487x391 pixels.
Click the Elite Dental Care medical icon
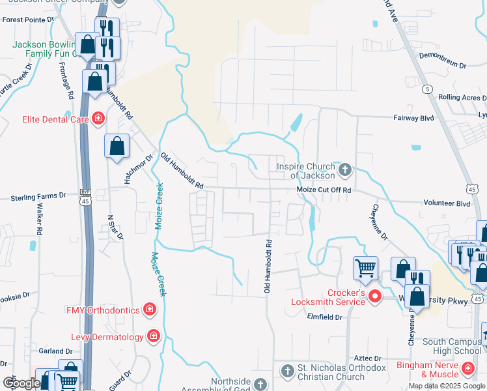(98, 119)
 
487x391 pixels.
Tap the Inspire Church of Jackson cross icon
(345, 171)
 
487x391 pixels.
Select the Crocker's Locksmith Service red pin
(375, 297)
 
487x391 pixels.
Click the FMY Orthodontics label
(102, 309)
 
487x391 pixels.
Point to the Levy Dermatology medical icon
(154, 336)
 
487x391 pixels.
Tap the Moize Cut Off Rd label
(324, 190)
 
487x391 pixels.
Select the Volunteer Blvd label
(446, 203)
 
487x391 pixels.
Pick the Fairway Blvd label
(413, 118)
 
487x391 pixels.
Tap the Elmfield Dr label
(325, 317)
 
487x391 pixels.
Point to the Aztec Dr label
(367, 358)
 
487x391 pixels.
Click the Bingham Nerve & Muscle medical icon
(467, 369)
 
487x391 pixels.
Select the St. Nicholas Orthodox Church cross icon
(286, 371)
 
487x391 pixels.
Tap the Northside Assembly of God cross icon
(260, 384)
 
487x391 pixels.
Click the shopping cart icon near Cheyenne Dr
(365, 267)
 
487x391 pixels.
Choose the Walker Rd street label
(40, 220)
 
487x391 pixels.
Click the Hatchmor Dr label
(138, 168)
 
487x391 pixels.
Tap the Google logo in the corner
(21, 383)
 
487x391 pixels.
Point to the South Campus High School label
(451, 346)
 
